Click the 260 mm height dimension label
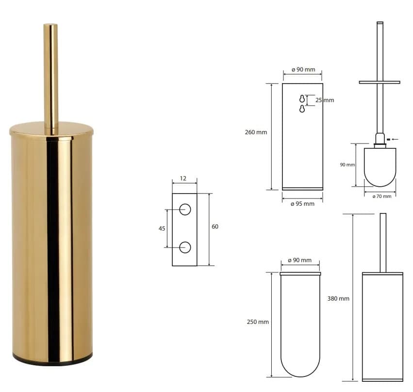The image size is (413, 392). point(256,132)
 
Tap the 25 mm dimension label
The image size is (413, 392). point(325,100)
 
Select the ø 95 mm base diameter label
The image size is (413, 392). point(302,204)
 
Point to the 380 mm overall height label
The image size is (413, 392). point(338,299)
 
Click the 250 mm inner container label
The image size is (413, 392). point(258,322)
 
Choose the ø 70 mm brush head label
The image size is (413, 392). point(381,196)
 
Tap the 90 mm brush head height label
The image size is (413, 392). point(347,165)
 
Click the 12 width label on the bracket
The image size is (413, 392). point(183,178)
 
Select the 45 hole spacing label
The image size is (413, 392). point(162,228)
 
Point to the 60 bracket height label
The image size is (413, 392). point(215,227)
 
